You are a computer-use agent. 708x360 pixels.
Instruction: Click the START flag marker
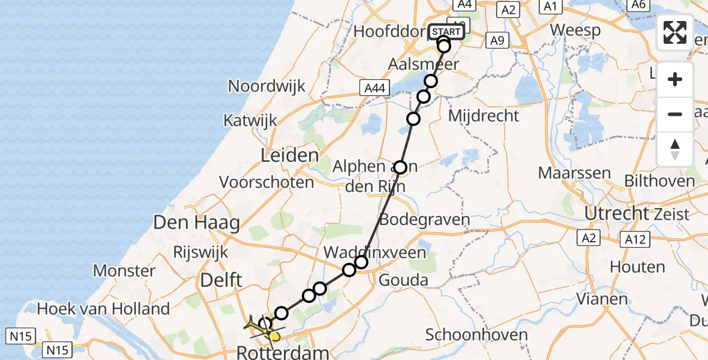click(x=446, y=32)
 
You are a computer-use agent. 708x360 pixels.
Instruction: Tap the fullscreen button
click(x=675, y=32)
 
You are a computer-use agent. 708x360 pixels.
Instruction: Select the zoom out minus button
click(x=675, y=114)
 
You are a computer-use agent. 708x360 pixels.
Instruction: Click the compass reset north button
click(x=675, y=149)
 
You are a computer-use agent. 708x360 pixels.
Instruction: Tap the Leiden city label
click(x=289, y=157)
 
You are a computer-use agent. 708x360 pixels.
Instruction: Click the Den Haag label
click(x=197, y=223)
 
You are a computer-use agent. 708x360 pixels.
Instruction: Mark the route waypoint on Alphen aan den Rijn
click(x=400, y=167)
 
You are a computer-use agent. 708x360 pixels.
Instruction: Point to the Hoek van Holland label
click(x=103, y=309)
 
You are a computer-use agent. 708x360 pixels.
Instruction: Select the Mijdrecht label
click(x=484, y=115)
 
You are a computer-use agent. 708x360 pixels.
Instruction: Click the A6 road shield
click(x=638, y=5)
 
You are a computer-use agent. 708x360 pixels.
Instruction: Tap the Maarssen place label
click(x=574, y=173)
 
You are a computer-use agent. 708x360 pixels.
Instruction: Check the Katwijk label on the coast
click(x=250, y=120)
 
